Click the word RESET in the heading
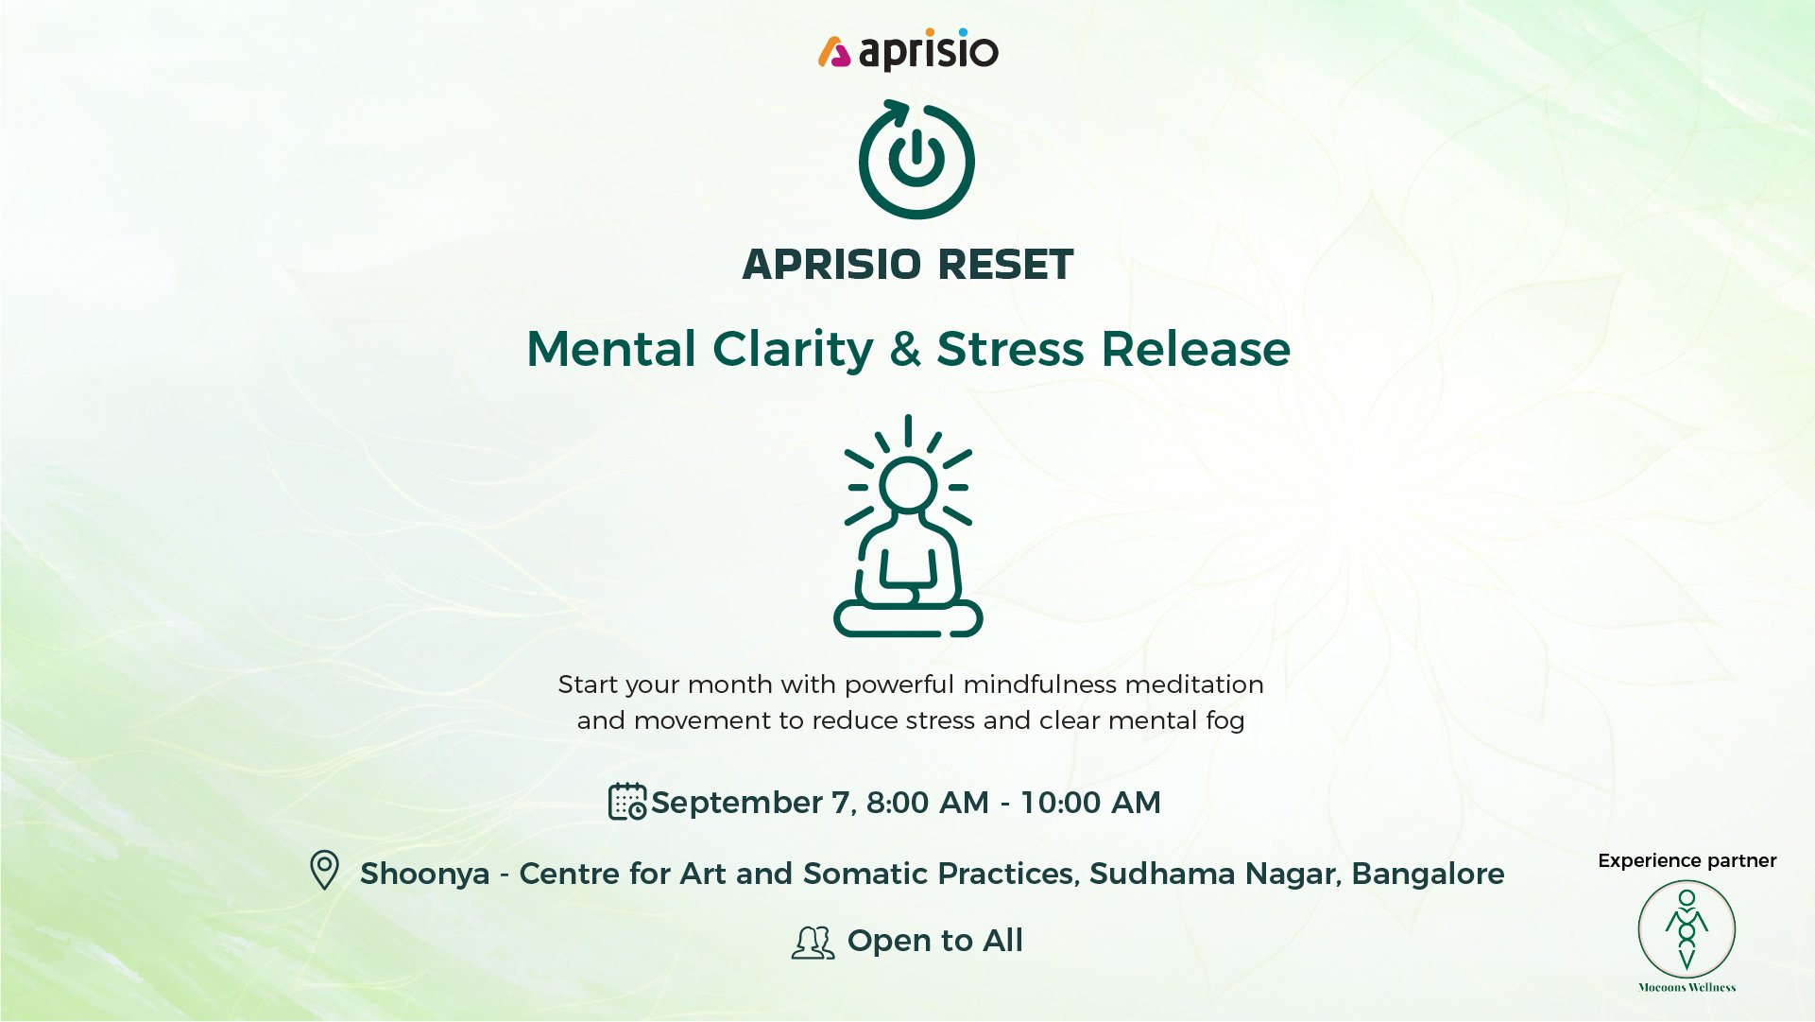point(1005,265)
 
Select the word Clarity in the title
point(793,350)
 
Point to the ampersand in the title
point(905,349)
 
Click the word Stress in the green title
point(1010,349)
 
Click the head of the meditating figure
point(908,484)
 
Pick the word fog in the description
point(1225,721)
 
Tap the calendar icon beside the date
point(627,802)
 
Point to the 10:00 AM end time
point(1090,803)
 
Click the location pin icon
point(324,870)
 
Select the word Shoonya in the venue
point(425,875)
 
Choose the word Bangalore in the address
point(1428,874)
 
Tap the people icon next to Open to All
point(813,943)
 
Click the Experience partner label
point(1687,861)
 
